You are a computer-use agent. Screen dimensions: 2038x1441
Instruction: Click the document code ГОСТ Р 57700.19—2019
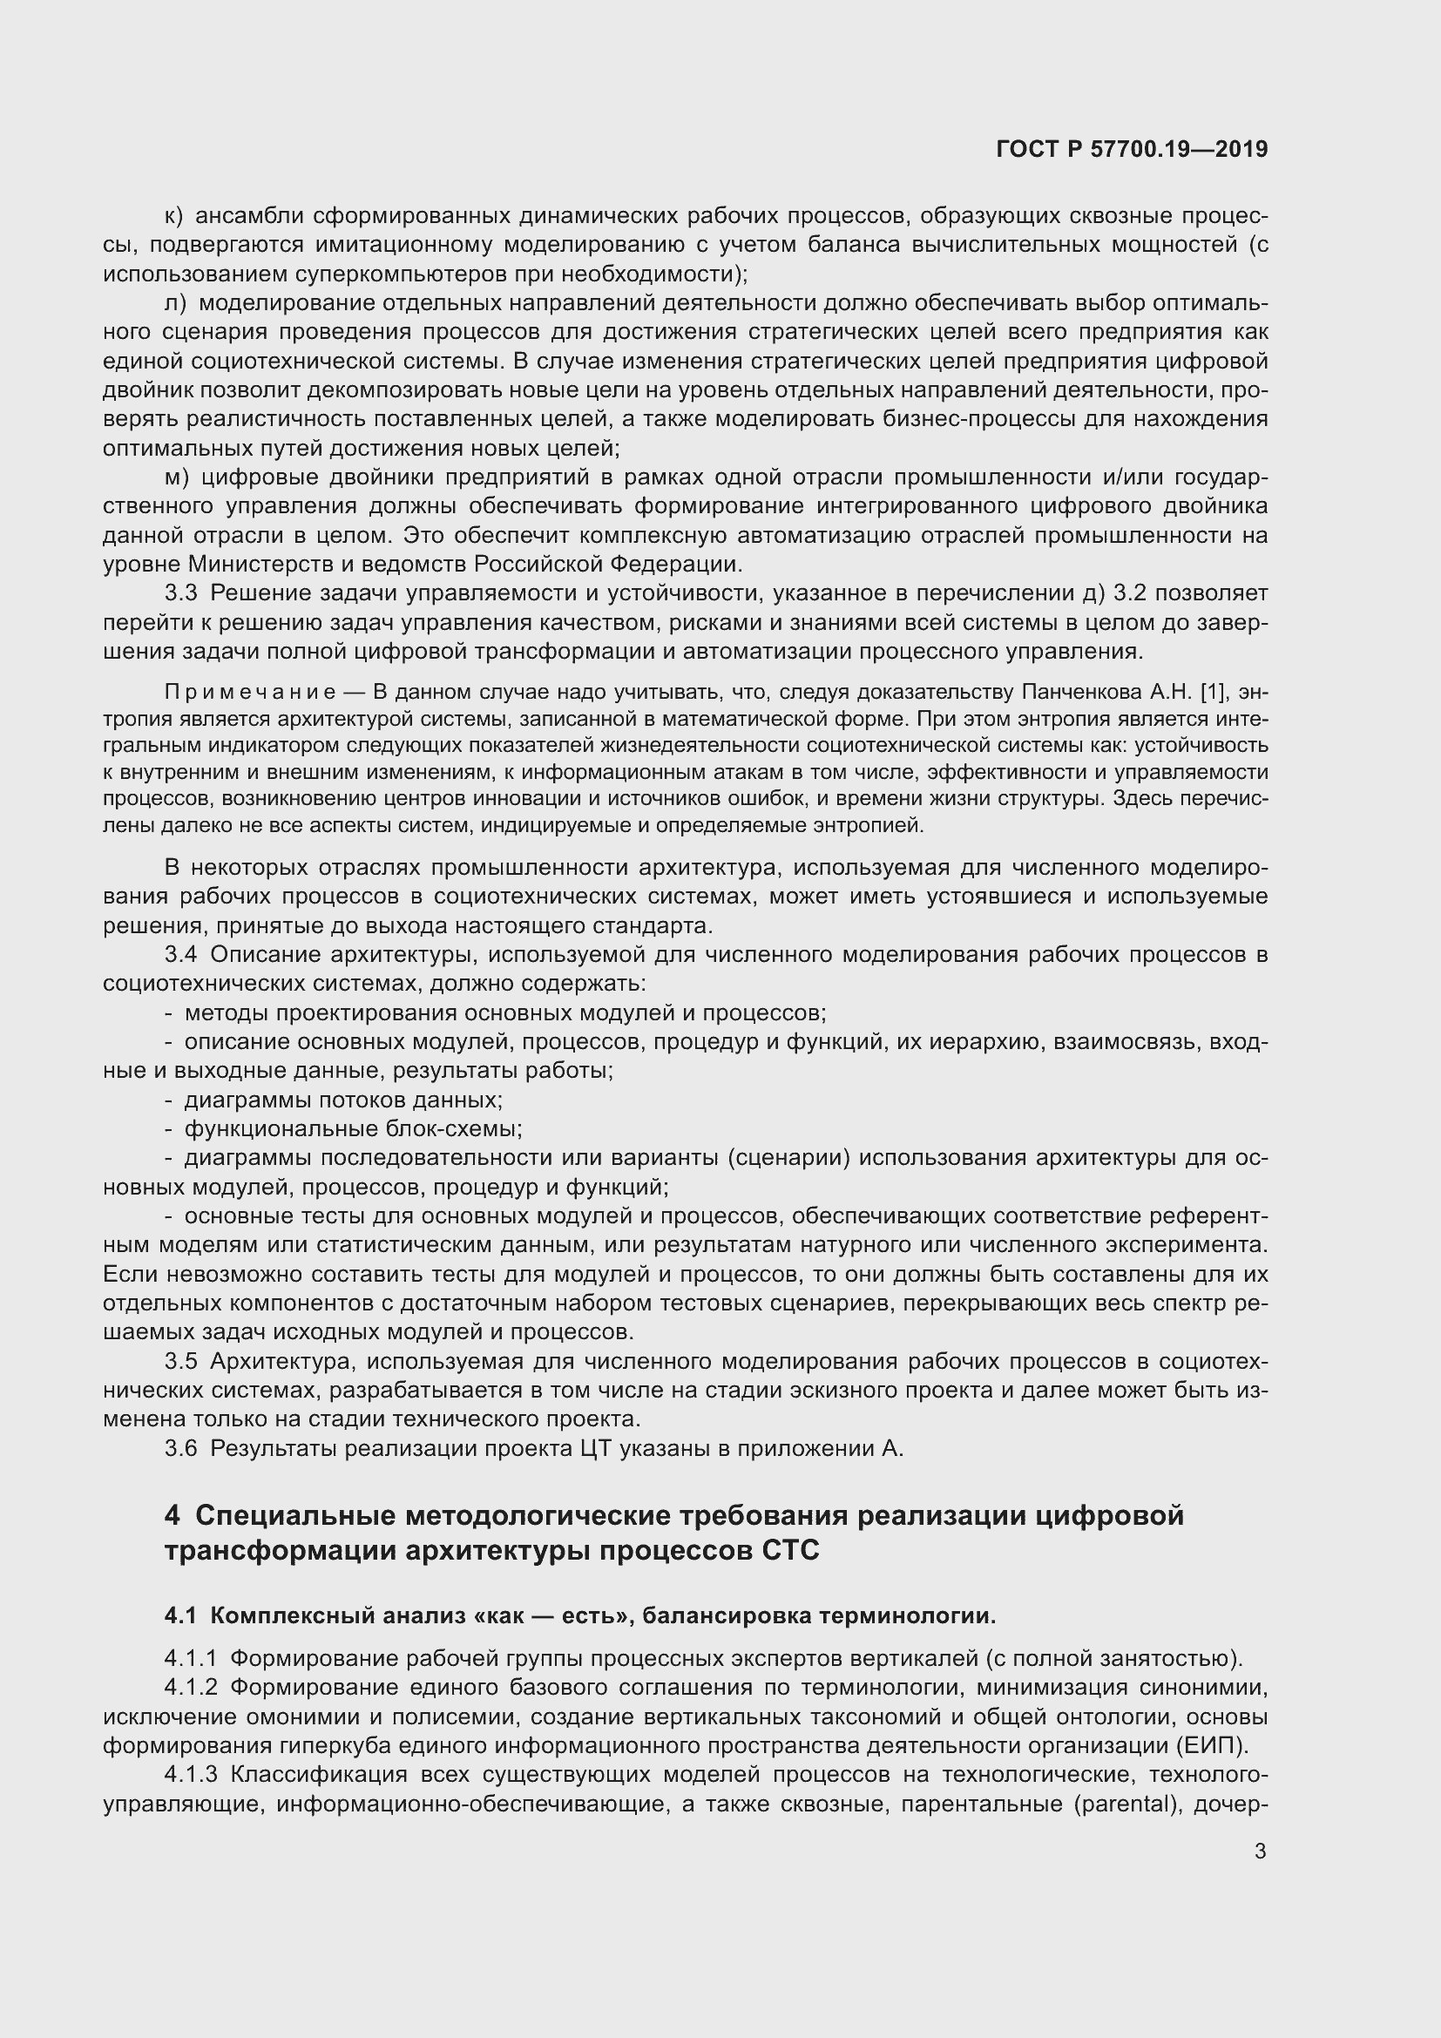[1132, 149]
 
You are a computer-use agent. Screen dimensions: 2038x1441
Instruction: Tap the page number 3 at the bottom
[1260, 1851]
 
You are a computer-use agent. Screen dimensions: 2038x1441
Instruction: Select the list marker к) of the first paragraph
[173, 216]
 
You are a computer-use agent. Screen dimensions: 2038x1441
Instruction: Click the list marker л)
[175, 303]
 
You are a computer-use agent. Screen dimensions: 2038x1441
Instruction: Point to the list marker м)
[177, 477]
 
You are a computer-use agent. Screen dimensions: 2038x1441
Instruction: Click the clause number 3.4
[180, 955]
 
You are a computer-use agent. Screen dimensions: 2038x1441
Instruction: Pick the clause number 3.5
[180, 1362]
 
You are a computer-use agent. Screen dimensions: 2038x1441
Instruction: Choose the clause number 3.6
[180, 1449]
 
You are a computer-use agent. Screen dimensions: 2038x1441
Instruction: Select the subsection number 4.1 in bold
[180, 1615]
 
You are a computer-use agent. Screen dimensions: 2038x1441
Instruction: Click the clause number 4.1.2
[191, 1688]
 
